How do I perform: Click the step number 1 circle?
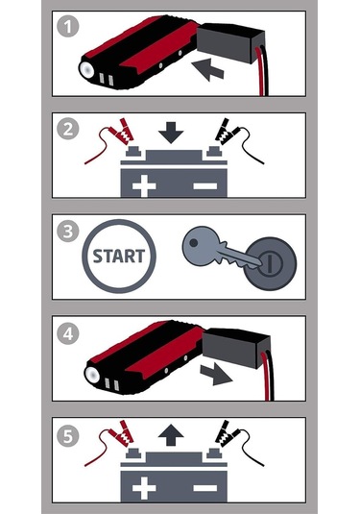pos(66,26)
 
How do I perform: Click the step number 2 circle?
pos(66,129)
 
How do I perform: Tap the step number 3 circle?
pos(66,230)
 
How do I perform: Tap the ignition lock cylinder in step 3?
pos(270,258)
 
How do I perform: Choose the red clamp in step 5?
pos(122,435)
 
